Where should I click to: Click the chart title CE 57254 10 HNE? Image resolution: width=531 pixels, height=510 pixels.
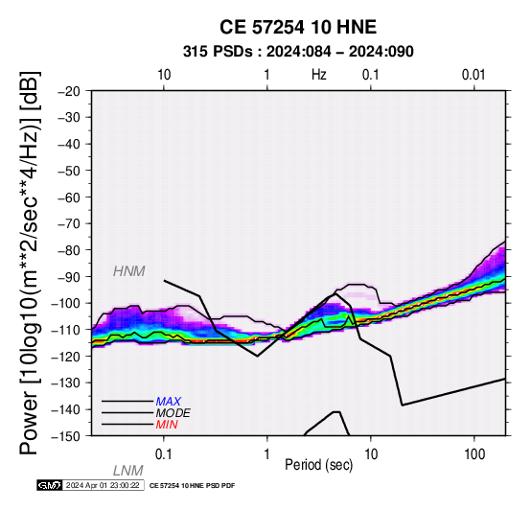pos(298,27)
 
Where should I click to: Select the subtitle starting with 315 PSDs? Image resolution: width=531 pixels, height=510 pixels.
pos(298,52)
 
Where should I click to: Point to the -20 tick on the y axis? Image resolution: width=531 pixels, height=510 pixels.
pos(69,91)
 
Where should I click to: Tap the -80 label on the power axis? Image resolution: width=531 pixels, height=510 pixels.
pos(69,250)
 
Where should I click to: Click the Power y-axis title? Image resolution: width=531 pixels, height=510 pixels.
pos(30,263)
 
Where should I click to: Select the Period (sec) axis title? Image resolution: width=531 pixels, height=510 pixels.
pos(318,465)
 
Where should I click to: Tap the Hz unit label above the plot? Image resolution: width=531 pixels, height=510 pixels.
pos(319,74)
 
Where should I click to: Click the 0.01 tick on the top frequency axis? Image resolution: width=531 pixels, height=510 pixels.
pos(473,75)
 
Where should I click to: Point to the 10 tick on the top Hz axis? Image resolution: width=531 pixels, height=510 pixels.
pos(164,75)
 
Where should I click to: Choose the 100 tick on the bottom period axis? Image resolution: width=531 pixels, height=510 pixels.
pos(474,454)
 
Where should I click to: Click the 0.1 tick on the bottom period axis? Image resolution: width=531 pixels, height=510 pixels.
pos(164,454)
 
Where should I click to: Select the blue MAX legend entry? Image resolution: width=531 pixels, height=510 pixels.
pos(169,402)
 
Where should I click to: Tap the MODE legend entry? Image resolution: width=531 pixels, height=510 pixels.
pos(173,413)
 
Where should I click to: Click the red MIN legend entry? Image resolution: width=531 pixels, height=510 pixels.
pos(167,425)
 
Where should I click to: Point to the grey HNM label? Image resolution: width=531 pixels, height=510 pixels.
pos(129,271)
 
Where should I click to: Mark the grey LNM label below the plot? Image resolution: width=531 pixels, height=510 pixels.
pos(128,471)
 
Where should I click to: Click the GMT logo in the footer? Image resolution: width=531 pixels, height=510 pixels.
pos(50,485)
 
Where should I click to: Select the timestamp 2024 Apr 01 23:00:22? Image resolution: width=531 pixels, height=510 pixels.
pos(103,485)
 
